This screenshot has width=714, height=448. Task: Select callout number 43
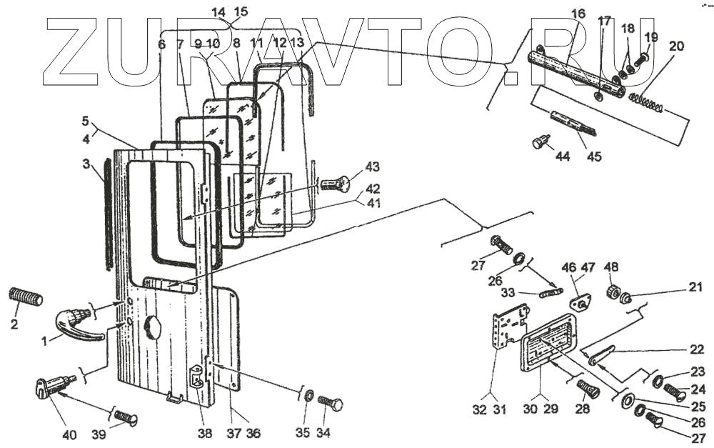(x=372, y=167)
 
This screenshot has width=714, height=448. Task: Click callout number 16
(x=578, y=12)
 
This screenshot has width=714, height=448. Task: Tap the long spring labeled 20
(x=649, y=102)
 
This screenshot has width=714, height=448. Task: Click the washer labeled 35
(x=308, y=397)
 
